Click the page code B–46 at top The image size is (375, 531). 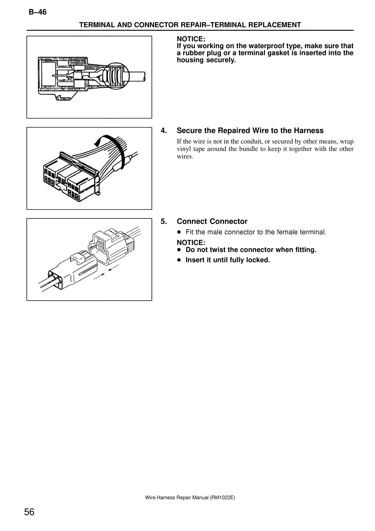click(x=37, y=12)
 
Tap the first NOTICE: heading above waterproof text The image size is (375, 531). click(x=191, y=39)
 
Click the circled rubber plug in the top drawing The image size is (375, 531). click(x=116, y=75)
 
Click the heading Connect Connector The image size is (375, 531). click(x=212, y=221)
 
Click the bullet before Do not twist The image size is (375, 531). click(x=179, y=250)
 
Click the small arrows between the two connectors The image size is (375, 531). click(x=106, y=272)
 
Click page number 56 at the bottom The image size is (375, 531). click(x=29, y=512)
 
